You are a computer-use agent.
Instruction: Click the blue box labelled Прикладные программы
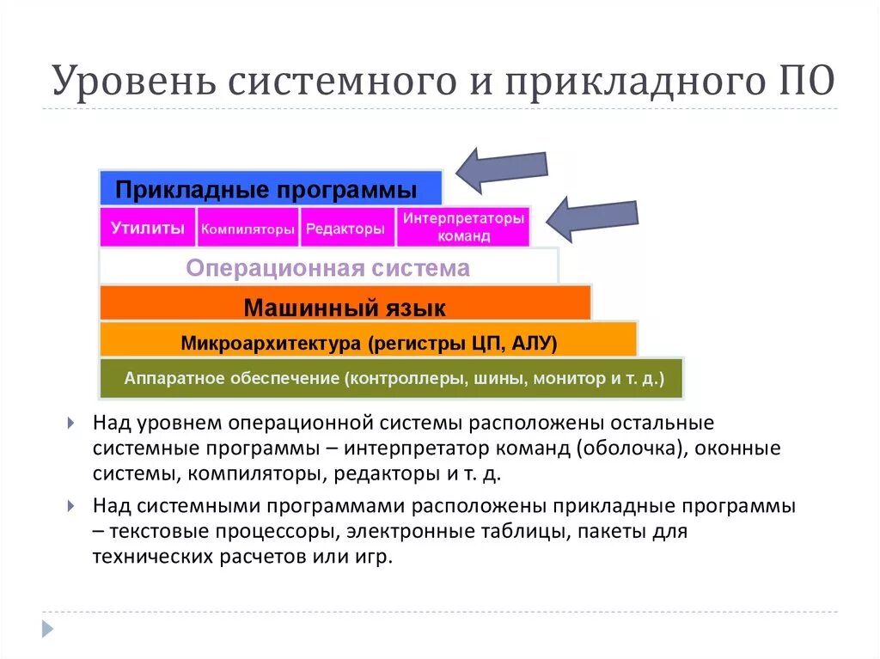[x=270, y=188]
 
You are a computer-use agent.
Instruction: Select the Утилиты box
[x=148, y=228]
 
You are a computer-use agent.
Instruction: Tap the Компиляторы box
[x=248, y=229]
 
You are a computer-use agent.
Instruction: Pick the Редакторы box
[x=345, y=229]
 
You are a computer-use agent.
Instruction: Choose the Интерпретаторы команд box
[x=463, y=227]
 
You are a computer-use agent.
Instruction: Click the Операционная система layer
[x=328, y=267]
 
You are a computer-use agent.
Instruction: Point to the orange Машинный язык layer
[x=345, y=307]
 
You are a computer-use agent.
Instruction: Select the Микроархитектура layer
[x=369, y=344]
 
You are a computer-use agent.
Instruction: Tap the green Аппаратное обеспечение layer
[x=392, y=378]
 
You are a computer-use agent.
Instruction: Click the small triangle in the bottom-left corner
[x=48, y=628]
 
